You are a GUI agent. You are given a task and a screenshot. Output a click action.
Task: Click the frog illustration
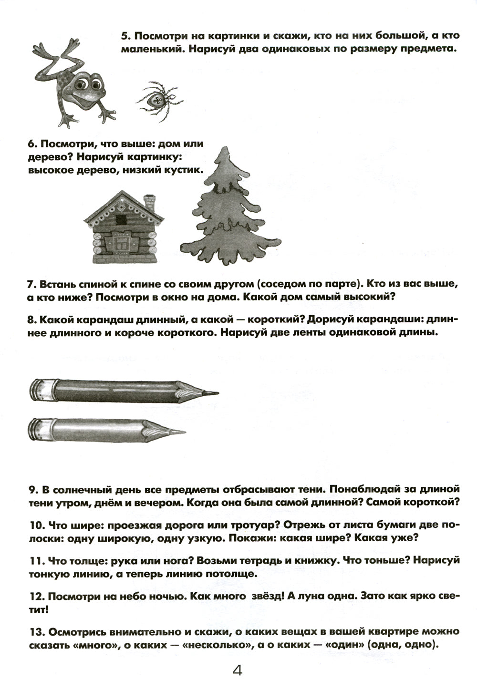[76, 81]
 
